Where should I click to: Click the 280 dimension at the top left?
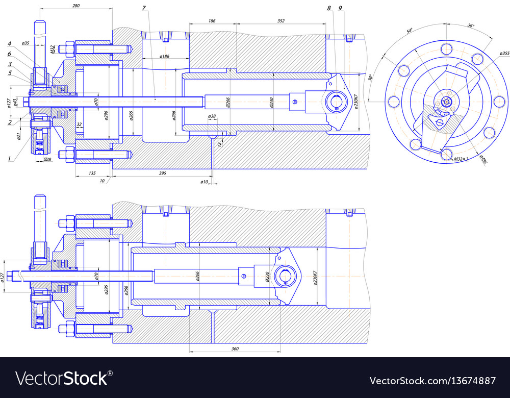coord(75,6)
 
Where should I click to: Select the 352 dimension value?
coord(281,21)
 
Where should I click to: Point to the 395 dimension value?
coord(162,173)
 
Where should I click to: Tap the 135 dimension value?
coord(92,173)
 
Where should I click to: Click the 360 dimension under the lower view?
coord(235,349)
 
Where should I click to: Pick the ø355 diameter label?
coord(504,54)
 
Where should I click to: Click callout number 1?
coord(9,159)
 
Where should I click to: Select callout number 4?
coord(9,43)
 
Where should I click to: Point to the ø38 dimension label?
coord(212,116)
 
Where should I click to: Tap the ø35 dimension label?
coord(26,44)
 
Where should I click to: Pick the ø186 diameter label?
coord(164,56)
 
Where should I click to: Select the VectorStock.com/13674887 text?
coord(432,381)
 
